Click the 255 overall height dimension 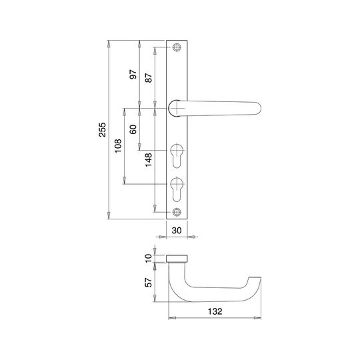103,130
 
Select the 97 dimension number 133,75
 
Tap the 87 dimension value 149,78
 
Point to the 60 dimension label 133,129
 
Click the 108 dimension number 118,146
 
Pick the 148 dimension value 149,160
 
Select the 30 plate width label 177,230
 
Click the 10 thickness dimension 149,258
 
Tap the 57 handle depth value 149,283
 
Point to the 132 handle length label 215,311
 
